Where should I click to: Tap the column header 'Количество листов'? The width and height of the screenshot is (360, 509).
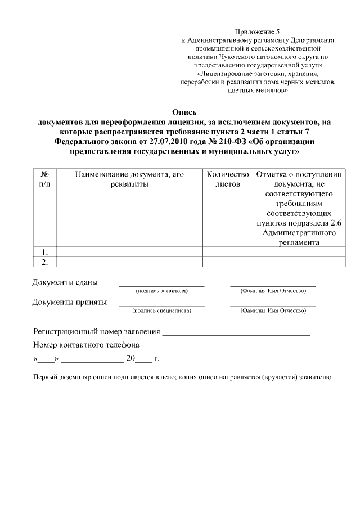227,179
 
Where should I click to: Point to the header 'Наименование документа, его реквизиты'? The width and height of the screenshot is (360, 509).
130,179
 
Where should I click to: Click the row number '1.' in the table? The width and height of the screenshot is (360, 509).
44,252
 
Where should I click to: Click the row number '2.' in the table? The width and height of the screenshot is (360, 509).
44,262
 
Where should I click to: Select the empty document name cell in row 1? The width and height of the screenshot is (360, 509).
130,252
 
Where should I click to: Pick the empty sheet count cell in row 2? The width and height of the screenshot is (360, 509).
227,262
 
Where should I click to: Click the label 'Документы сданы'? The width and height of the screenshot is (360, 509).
65,282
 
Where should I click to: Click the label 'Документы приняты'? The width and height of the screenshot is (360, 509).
69,302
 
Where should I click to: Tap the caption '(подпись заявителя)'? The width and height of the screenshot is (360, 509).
161,291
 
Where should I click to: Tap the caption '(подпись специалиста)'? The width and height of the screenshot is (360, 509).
161,310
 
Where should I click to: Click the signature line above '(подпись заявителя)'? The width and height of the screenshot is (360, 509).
161,286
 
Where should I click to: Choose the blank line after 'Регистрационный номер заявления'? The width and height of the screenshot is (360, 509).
236,335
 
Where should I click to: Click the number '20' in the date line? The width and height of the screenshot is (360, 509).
131,358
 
